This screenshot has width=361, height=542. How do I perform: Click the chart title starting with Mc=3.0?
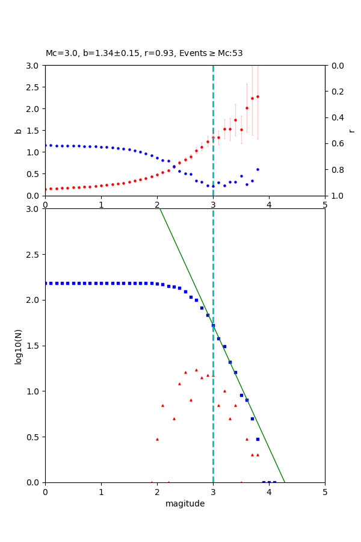point(144,54)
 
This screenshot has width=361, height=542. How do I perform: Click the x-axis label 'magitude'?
point(185,503)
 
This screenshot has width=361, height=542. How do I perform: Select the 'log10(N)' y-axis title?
point(18,346)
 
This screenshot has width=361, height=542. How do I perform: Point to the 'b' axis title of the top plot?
point(18,130)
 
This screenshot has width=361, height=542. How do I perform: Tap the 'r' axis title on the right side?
point(351,130)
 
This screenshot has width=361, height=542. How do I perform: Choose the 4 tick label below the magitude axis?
point(269,491)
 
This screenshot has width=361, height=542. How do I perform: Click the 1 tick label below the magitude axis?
point(101,491)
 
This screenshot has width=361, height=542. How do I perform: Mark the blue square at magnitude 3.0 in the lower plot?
point(213,325)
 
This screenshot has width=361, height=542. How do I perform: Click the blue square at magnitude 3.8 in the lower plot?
point(258,439)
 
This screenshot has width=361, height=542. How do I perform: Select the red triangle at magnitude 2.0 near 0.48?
point(157,439)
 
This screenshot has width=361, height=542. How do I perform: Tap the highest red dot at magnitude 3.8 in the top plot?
point(258,96)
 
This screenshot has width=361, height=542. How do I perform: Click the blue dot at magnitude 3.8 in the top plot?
point(258,169)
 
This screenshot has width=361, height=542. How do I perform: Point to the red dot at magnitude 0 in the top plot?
point(46,189)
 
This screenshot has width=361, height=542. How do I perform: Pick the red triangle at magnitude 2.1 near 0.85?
point(162,405)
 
